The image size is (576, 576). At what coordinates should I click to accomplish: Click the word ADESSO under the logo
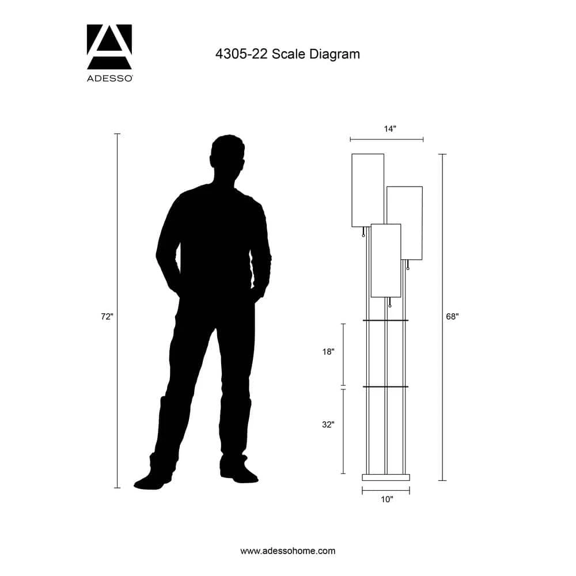pos(109,78)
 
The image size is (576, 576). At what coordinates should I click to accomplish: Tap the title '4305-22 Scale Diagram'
pos(287,54)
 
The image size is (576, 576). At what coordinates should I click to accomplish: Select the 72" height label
pos(107,316)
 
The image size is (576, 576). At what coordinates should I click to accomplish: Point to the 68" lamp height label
pos(452,316)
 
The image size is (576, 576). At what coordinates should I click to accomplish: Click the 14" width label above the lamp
pos(390,129)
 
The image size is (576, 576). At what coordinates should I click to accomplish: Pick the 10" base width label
pos(386,499)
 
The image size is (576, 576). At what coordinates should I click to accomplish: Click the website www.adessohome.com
pos(287,551)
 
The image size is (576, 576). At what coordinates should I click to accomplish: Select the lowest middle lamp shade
pos(386,260)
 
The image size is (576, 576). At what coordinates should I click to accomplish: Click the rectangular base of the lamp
pos(386,477)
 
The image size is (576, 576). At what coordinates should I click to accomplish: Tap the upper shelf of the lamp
pos(385,320)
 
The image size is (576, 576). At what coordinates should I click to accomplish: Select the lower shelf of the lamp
pos(385,386)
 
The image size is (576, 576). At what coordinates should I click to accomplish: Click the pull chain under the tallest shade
pos(363,232)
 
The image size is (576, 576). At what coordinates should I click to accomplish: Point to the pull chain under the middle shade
pos(390,303)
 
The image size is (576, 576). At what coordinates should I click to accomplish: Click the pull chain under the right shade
pos(408,265)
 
